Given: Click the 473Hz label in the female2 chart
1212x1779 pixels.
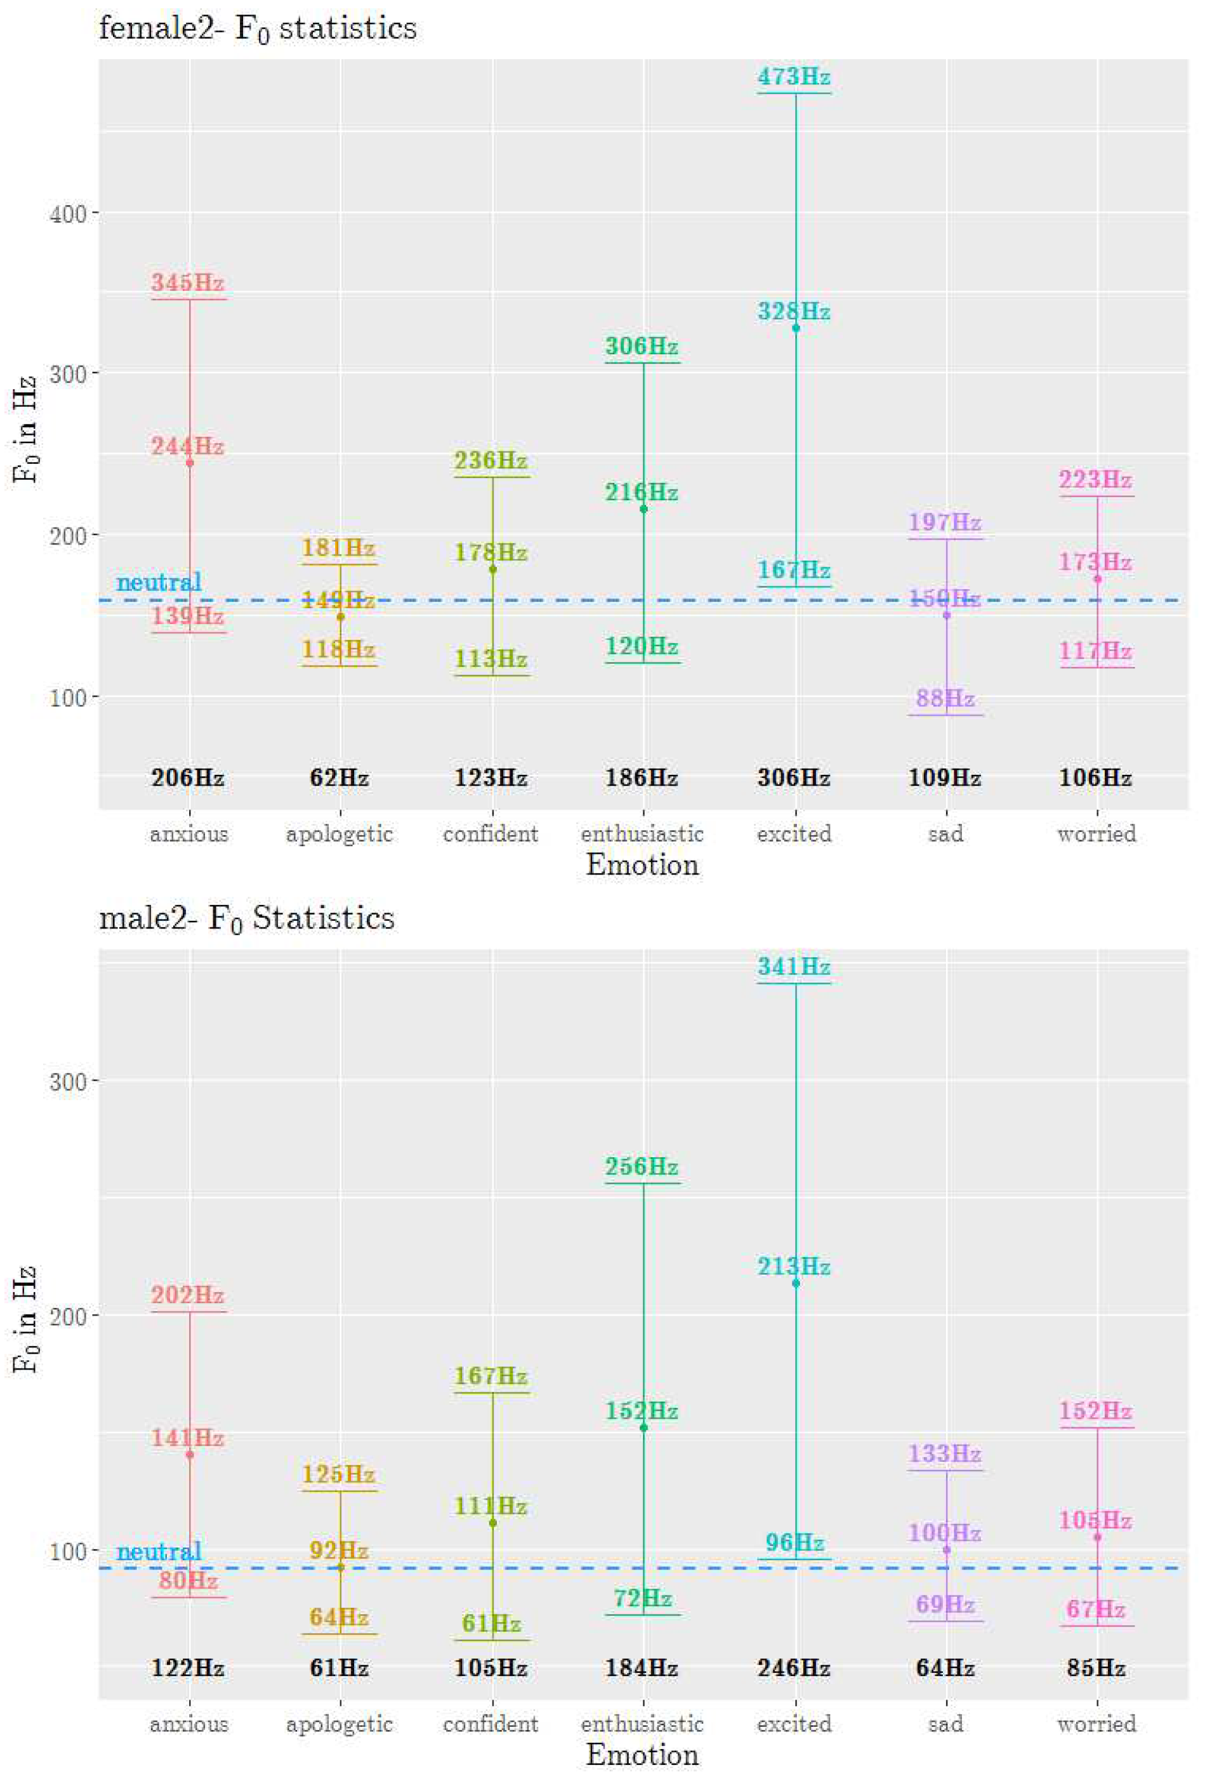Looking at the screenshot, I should pos(794,77).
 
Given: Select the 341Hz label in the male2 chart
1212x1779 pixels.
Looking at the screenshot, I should pos(794,967).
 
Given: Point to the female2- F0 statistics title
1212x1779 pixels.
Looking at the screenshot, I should pos(258,29).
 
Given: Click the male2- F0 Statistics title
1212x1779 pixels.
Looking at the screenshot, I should pos(246,918).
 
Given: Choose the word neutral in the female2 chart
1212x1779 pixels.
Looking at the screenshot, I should pos(159,582).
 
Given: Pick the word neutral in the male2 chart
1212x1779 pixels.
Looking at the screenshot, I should pos(159,1552).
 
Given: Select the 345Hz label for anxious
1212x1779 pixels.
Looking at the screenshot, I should pos(187,282).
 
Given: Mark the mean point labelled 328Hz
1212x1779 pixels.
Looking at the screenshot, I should pos(796,328).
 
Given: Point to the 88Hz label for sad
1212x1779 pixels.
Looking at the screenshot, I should pos(945,698).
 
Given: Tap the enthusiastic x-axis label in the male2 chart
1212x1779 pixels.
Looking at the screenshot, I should pos(642,1724).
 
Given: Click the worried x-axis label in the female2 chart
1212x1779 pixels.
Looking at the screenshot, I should pos(1097,833).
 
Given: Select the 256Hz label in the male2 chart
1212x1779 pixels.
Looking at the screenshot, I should pos(642,1167).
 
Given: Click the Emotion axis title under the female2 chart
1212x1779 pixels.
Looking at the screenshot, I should pos(642,865).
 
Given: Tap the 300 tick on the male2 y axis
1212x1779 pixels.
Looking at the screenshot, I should pos(67,1080).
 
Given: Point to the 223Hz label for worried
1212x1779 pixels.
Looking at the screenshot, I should pos(1095,480).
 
